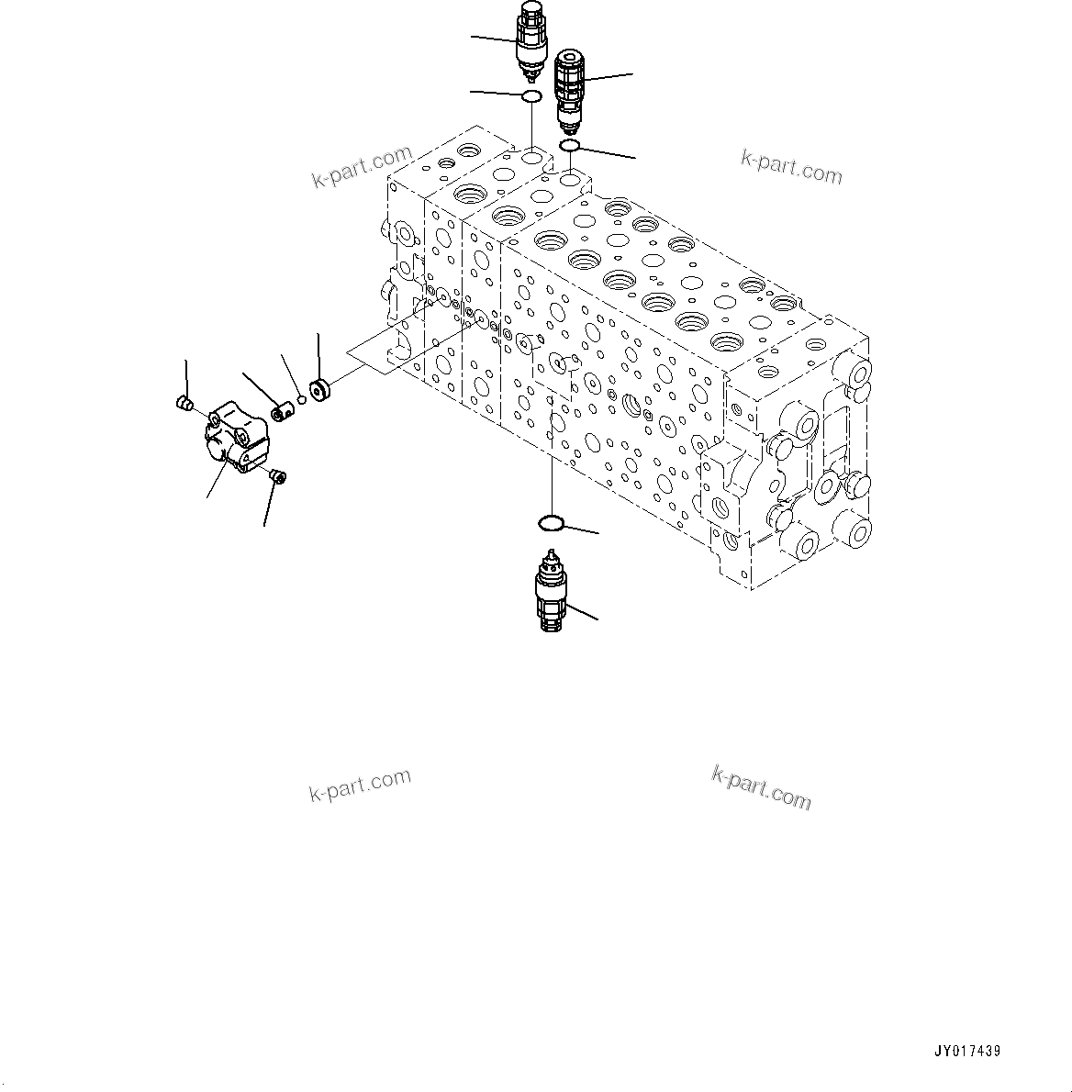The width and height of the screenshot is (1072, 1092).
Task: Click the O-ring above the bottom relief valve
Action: (551, 524)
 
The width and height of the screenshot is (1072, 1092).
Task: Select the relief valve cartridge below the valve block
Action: (550, 595)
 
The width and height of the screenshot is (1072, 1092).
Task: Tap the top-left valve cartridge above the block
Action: (530, 37)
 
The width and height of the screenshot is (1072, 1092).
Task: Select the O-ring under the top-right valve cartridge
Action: (569, 145)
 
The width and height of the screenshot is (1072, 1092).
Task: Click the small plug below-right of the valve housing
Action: (276, 474)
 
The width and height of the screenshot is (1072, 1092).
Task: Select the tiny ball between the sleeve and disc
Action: (300, 397)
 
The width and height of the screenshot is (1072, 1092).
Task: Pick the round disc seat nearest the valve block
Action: (320, 390)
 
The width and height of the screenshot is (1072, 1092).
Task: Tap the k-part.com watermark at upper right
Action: (791, 167)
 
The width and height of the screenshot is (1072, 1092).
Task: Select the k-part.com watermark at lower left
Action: (360, 785)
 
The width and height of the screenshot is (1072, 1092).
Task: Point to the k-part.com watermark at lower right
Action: (761, 787)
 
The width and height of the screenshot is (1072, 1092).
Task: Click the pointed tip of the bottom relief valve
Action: (551, 554)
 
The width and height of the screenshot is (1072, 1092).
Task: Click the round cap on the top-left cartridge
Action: (530, 7)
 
